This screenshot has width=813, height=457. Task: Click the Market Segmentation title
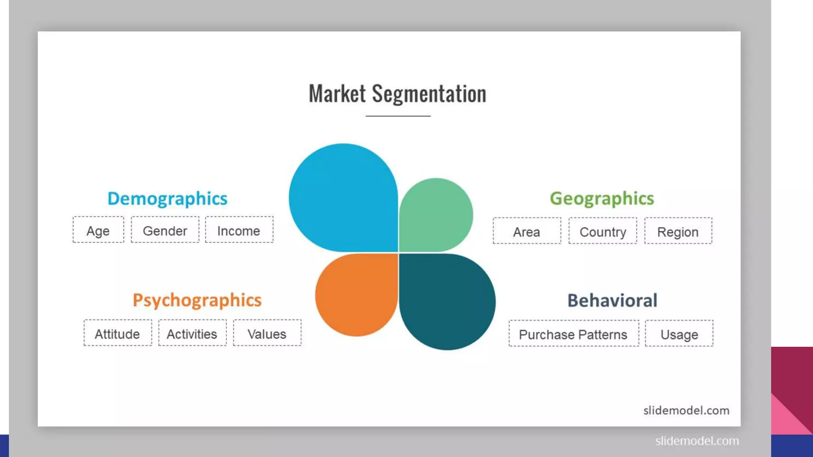click(x=397, y=94)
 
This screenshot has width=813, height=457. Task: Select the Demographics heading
click(x=167, y=198)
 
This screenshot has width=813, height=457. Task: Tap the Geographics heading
click(x=601, y=198)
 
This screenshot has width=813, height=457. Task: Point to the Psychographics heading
click(x=197, y=300)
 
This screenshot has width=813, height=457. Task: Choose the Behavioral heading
click(x=612, y=300)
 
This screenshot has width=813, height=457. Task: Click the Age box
click(x=98, y=230)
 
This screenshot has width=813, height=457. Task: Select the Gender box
click(x=165, y=230)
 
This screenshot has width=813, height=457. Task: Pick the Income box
click(x=239, y=230)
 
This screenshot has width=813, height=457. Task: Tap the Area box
click(x=527, y=231)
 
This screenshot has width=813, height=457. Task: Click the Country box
click(x=603, y=231)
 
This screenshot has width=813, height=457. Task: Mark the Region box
click(x=678, y=231)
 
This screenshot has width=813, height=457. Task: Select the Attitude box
click(x=118, y=333)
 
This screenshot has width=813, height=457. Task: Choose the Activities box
click(x=192, y=333)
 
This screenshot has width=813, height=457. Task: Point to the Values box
click(x=267, y=333)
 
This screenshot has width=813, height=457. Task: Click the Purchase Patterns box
click(x=574, y=334)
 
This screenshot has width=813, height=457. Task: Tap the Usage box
click(x=679, y=334)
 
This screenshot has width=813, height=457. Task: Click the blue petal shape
click(x=343, y=198)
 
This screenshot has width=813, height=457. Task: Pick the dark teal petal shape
click(x=447, y=301)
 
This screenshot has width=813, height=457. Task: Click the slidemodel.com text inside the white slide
click(x=686, y=410)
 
